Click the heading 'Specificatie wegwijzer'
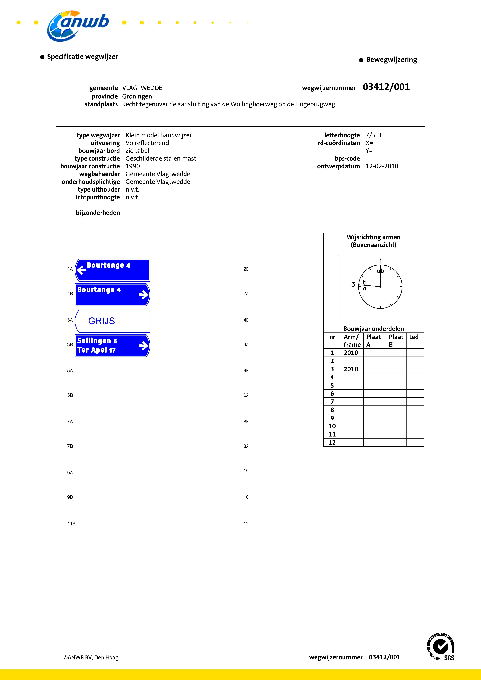coord(82,57)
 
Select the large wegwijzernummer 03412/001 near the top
coord(386,87)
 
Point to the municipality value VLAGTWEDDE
coord(142,88)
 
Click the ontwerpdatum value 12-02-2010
coord(382,166)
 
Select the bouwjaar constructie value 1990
coord(132,166)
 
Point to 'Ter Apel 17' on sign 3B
coord(96,350)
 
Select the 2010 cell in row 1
coord(351,353)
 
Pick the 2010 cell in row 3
coord(351,369)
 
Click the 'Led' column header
coord(414,337)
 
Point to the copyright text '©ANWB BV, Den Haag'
coord(91,658)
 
